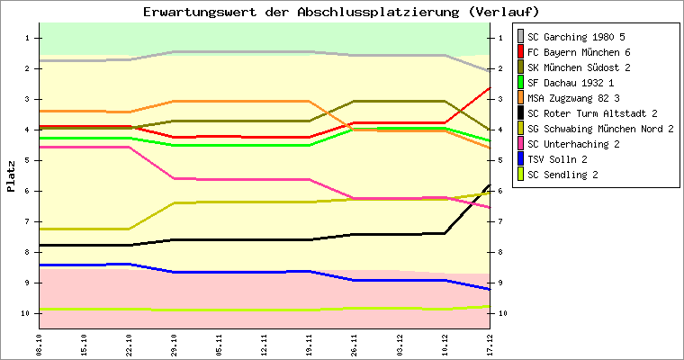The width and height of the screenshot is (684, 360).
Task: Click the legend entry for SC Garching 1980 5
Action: click(575, 37)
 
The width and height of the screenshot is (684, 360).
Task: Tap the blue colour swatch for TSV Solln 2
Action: click(519, 159)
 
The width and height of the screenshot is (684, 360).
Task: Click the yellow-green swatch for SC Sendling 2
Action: click(519, 175)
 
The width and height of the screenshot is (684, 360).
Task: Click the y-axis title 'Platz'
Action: click(12, 176)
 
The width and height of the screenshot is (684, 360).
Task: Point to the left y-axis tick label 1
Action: click(28, 38)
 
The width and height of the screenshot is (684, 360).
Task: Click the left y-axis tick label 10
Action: click(26, 313)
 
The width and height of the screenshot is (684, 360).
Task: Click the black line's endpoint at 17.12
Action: click(490, 185)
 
